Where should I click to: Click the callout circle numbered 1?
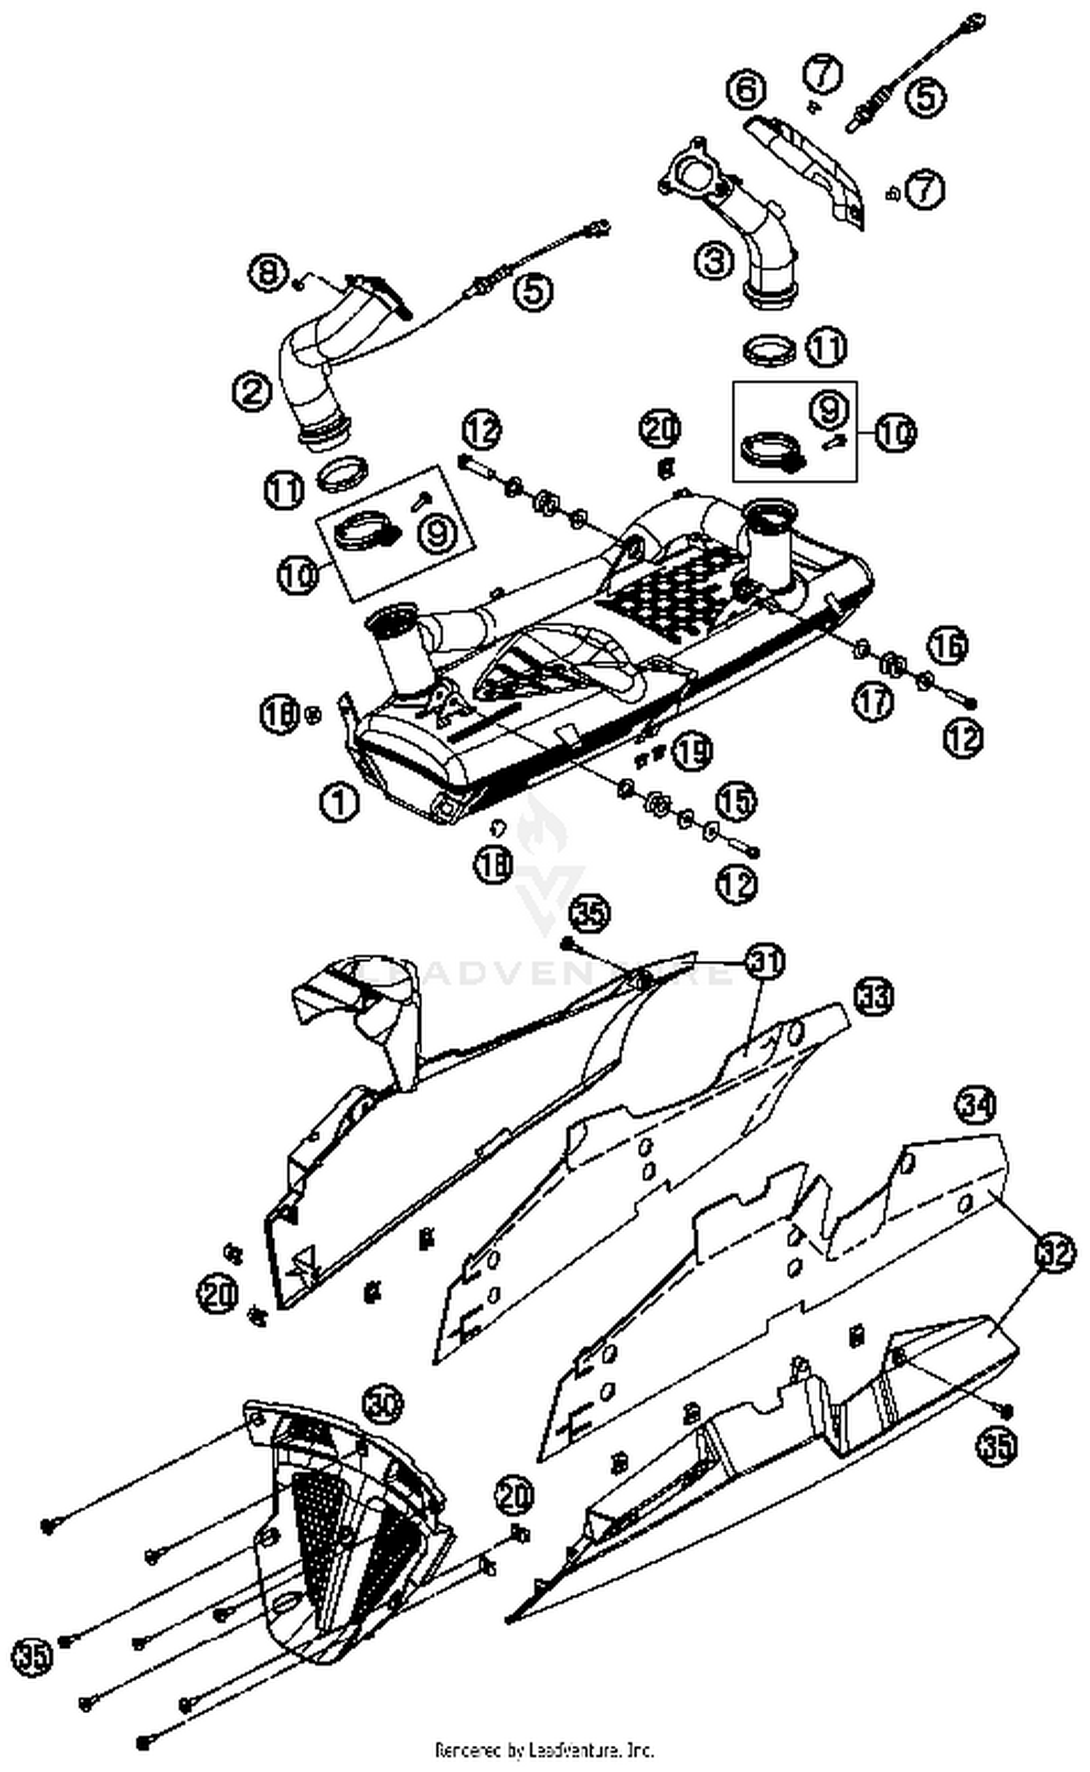point(339,803)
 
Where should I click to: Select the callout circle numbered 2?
point(251,392)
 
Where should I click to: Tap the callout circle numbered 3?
point(714,261)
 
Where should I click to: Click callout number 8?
point(267,274)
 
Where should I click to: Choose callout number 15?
point(736,802)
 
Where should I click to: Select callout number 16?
point(948,646)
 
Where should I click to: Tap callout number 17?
point(872,702)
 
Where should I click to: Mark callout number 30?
point(382,1405)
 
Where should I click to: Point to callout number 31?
point(766,962)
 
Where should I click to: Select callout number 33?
point(873,996)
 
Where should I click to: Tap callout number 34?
point(975,1106)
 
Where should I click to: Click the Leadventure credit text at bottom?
point(544,1749)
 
